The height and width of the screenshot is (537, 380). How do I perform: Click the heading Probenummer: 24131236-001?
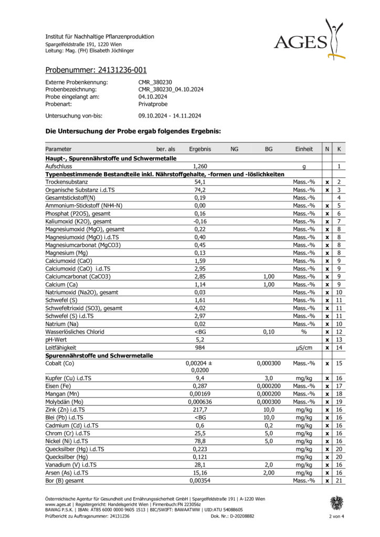point(96,70)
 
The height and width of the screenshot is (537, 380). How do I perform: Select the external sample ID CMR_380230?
point(155,82)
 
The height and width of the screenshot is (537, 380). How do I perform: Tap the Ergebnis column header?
point(199,149)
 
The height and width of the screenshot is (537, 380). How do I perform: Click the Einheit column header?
point(304,149)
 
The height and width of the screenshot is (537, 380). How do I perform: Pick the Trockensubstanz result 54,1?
point(199,181)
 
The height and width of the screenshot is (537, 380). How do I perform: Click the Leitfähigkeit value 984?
point(199,347)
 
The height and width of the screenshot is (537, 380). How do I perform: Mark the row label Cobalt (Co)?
point(60,363)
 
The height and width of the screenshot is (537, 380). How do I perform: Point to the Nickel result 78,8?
point(199,441)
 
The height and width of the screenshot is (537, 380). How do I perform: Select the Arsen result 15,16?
point(199,472)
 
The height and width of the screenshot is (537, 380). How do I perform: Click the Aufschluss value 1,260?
point(199,166)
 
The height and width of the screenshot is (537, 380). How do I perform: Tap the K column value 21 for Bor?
point(340,480)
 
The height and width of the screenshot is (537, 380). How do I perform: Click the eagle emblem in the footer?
point(336,503)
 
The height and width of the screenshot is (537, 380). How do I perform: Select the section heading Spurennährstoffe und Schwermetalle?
point(100,355)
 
